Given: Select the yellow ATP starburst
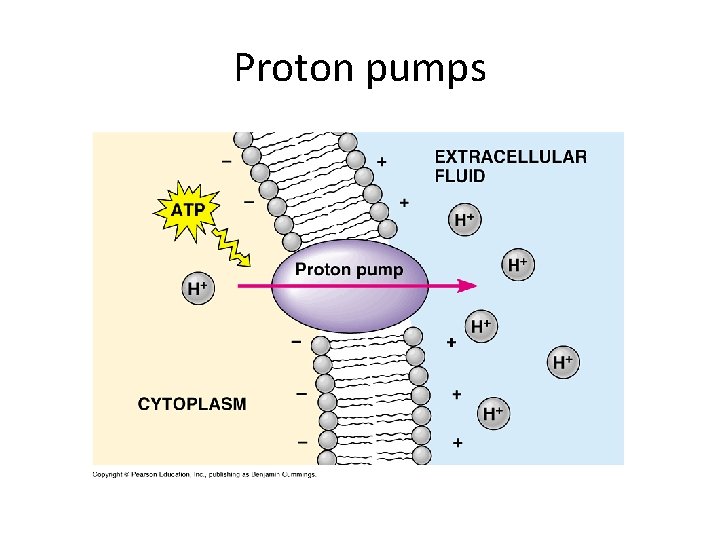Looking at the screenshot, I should (187, 210).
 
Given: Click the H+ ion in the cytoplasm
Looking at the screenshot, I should (197, 288).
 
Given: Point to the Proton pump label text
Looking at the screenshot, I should (349, 269).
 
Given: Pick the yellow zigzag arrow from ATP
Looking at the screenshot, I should (233, 246).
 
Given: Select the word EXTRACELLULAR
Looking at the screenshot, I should (510, 157).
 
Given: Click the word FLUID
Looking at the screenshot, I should (460, 176).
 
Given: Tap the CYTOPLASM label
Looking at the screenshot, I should (192, 404).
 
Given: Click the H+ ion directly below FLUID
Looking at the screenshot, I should (464, 220).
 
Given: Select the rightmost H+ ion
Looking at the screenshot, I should (563, 361).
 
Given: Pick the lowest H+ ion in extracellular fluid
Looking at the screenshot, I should (492, 412).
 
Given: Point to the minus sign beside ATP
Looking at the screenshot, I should (248, 200).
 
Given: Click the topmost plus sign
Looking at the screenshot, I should (381, 160).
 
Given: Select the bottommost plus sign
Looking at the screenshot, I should (457, 441).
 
